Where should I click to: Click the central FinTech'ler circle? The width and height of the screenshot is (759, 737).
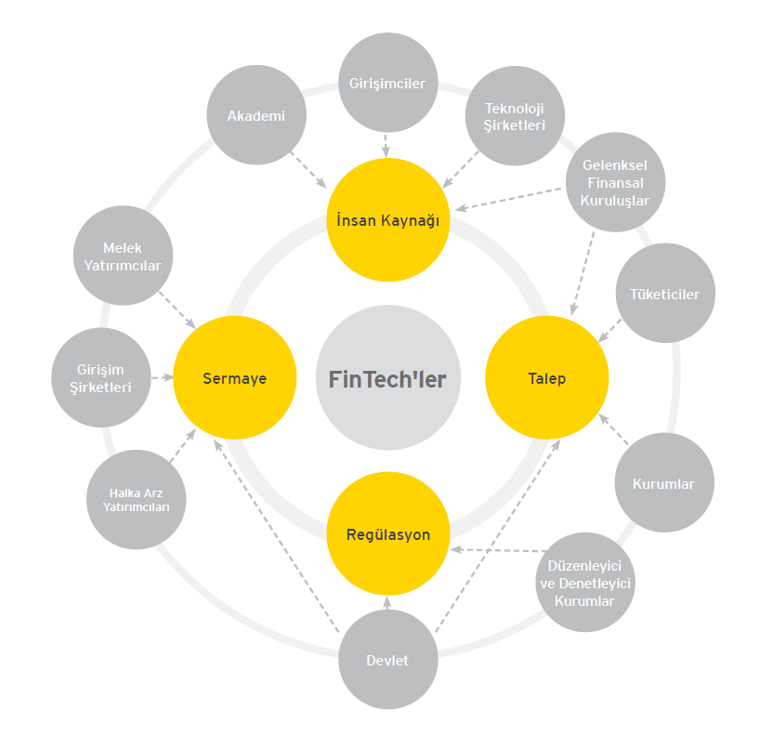tap(387, 378)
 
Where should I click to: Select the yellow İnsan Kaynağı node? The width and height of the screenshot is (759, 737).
tap(387, 220)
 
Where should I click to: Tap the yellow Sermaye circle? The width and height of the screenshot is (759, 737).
tap(234, 378)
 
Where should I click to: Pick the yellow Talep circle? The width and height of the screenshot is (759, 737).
tap(546, 378)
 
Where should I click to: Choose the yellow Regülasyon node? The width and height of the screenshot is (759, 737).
tap(387, 534)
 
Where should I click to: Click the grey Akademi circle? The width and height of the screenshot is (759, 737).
tap(255, 116)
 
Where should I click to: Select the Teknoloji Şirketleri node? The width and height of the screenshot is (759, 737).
tap(514, 116)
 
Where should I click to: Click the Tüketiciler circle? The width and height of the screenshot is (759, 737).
tap(665, 294)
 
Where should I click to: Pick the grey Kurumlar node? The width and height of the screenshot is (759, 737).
tap(663, 483)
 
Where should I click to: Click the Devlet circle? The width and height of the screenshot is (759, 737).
tap(387, 660)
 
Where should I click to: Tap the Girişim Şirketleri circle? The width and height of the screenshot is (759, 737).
tap(101, 378)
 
